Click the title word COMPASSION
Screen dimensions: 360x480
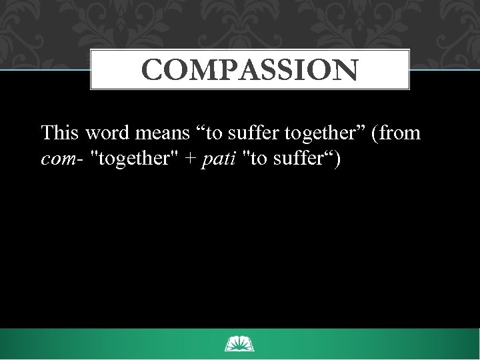pyautogui.click(x=250, y=69)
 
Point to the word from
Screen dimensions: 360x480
pyautogui.click(x=401, y=133)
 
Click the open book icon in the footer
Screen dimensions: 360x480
pyautogui.click(x=240, y=344)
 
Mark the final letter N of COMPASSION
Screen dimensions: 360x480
pyautogui.click(x=346, y=69)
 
